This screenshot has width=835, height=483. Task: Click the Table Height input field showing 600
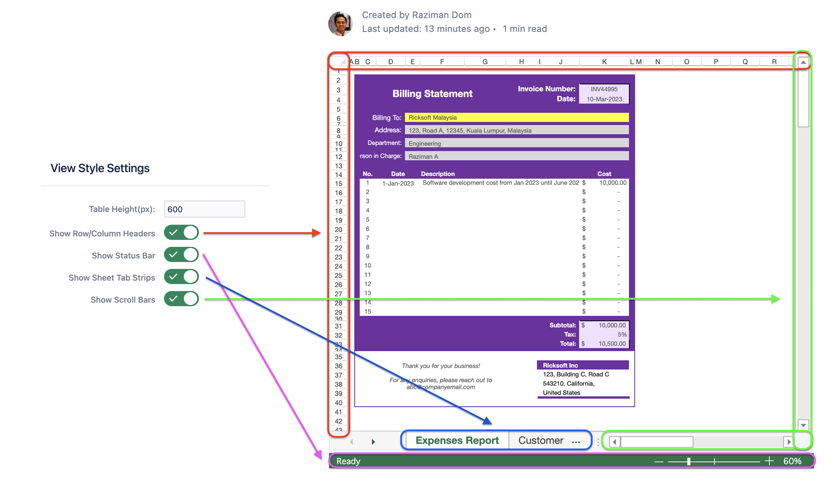pos(204,209)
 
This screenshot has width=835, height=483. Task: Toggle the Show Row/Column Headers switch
pos(181,233)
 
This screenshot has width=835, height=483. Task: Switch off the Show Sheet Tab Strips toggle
pos(181,277)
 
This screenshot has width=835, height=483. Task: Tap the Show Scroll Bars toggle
pos(181,299)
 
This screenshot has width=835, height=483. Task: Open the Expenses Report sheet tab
pos(457,441)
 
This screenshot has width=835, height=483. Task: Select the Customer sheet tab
pos(540,441)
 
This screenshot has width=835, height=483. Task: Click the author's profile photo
pos(340,24)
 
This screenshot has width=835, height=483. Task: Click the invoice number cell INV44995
pos(604,89)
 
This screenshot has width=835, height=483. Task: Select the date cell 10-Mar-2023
pos(604,99)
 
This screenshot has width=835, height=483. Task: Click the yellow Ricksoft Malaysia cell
pos(516,118)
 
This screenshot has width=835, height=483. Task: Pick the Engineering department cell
pos(516,143)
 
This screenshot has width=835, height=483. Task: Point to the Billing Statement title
pos(432,94)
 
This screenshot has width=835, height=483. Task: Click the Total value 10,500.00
pos(612,344)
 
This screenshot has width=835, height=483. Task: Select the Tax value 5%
pos(622,335)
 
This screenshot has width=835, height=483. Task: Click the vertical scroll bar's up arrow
pos(803,62)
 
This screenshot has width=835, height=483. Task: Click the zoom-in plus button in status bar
pos(769,461)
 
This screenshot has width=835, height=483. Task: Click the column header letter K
pos(604,62)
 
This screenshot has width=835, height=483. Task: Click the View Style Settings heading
pos(100,168)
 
